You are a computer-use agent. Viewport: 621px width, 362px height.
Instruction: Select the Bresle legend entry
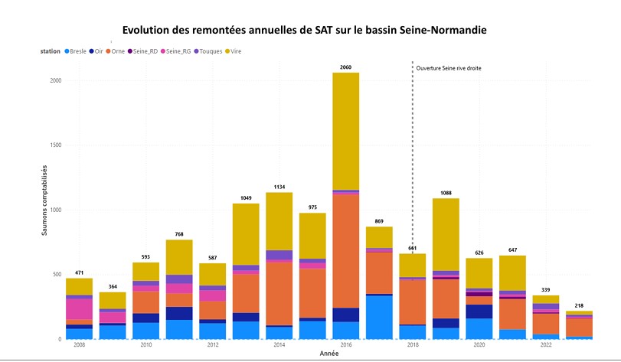tap(74, 51)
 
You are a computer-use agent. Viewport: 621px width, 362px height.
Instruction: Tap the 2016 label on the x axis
tap(345, 345)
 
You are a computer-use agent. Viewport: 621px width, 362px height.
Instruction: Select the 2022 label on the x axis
tap(545, 345)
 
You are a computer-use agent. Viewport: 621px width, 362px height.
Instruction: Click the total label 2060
tap(345, 67)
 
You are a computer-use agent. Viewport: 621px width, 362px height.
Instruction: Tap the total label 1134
tap(279, 187)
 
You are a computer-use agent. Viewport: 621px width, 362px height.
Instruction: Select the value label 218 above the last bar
tap(579, 305)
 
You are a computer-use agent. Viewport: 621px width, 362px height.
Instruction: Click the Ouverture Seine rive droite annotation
tap(448, 68)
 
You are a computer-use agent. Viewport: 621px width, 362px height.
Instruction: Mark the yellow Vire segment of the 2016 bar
tap(345, 130)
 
